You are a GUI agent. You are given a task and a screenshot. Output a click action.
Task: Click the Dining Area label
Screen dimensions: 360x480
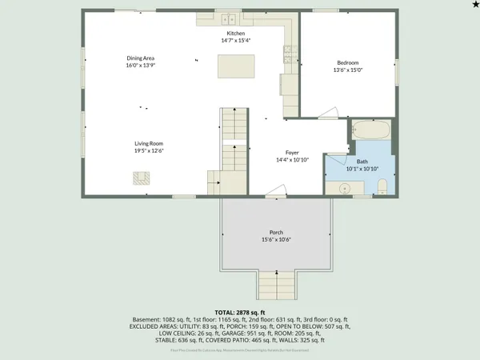(x=140, y=58)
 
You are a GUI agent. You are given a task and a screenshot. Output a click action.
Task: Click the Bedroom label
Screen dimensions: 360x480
(x=347, y=62)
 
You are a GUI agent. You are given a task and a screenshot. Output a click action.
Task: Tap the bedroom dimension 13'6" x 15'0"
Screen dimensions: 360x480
(x=347, y=70)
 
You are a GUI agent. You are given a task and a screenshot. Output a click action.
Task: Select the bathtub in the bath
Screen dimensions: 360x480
(x=371, y=130)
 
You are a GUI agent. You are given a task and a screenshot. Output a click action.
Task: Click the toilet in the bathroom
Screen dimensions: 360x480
(x=382, y=186)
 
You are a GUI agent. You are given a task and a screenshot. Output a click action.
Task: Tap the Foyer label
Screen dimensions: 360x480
(x=292, y=152)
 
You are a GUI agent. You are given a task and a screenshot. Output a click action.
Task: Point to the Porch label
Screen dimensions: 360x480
(x=276, y=232)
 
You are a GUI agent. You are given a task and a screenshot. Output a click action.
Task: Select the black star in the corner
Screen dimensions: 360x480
(x=473, y=5)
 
